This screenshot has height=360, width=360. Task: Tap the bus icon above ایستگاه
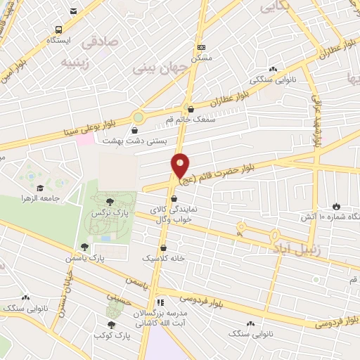click(x=58, y=30)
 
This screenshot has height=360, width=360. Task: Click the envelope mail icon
click(x=75, y=11)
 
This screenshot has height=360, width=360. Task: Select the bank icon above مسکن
click(x=202, y=47)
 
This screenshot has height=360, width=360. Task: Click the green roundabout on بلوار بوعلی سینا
click(x=139, y=117)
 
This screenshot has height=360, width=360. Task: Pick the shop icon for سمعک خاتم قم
click(x=191, y=108)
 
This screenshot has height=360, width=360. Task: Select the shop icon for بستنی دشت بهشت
click(x=135, y=129)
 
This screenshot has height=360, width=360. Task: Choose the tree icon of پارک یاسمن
click(x=84, y=247)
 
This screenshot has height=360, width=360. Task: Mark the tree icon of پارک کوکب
click(x=111, y=324)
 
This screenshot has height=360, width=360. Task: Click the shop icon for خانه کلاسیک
click(x=164, y=247)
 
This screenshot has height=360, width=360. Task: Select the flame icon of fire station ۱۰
click(x=336, y=205)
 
